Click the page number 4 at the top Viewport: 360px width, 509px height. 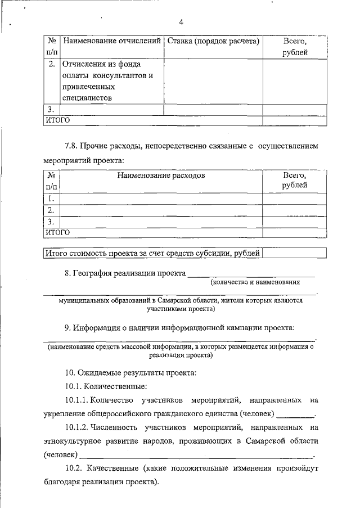pos(181,22)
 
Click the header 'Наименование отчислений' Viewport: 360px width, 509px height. pos(111,41)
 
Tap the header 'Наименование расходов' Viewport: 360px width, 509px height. pos(161,175)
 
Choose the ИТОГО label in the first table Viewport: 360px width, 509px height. pos(57,120)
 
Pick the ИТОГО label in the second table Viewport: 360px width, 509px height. pos(57,232)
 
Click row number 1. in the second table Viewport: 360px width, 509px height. pos(51,198)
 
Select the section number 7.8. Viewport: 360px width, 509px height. pos(71,146)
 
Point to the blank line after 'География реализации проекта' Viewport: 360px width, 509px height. pos(251,275)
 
